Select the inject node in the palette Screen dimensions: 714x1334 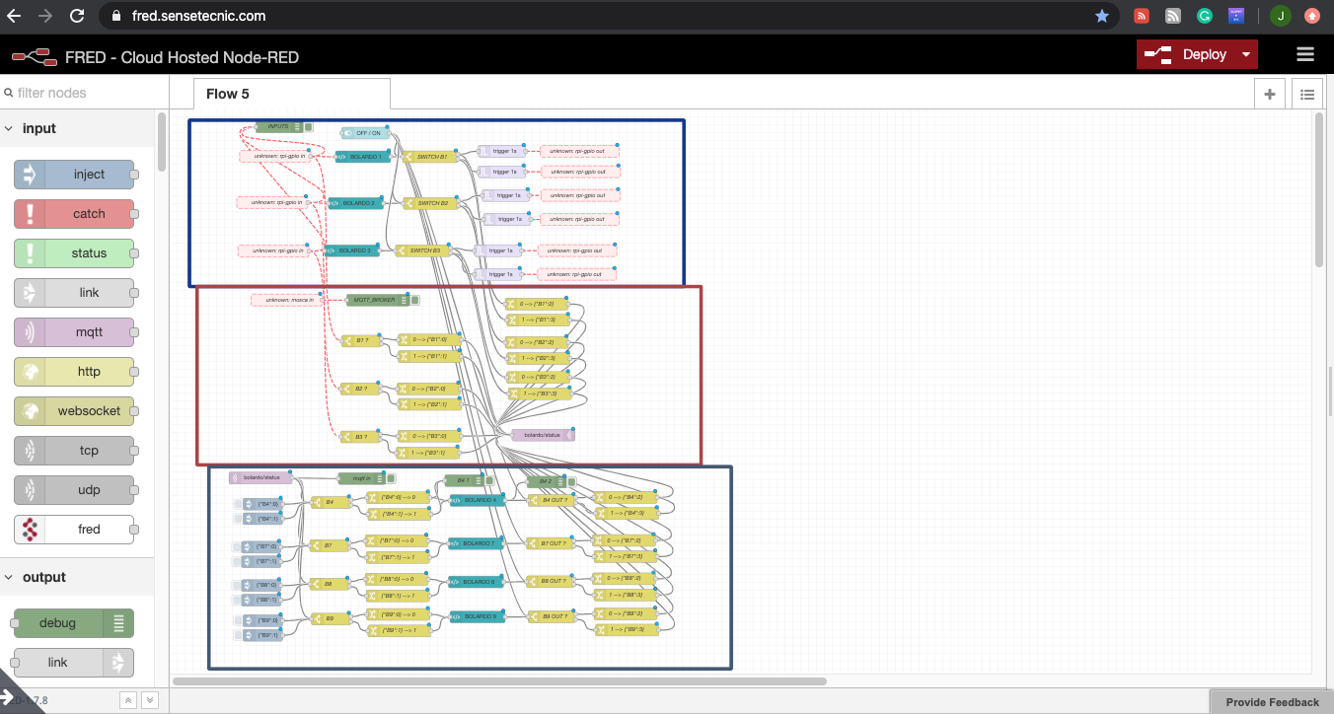click(x=74, y=175)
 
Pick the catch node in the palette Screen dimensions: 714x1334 click(x=74, y=214)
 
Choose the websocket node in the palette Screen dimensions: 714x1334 click(x=74, y=411)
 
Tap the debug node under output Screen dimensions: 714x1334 click(x=74, y=623)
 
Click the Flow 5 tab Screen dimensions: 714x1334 click(x=228, y=94)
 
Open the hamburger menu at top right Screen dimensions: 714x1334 click(x=1305, y=55)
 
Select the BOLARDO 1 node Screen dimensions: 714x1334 click(x=364, y=157)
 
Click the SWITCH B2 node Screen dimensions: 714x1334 click(x=430, y=203)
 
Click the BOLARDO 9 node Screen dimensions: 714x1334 click(x=478, y=616)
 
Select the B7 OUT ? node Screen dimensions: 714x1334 click(x=553, y=543)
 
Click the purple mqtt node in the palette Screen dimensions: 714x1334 click(x=74, y=332)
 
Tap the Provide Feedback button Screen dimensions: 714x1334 click(x=1272, y=702)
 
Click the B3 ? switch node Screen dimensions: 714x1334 click(x=359, y=436)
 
